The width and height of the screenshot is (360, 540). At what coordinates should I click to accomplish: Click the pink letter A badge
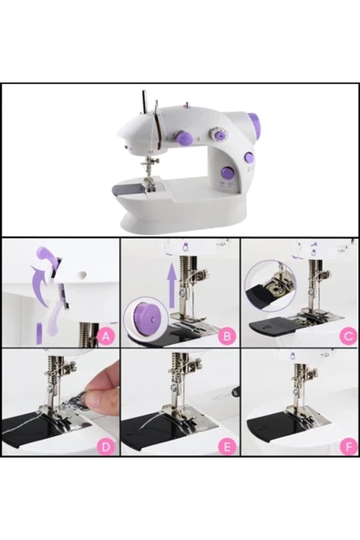click(107, 337)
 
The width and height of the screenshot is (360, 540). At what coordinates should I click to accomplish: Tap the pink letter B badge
click(228, 337)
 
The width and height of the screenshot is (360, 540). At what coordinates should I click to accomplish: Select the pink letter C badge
click(347, 337)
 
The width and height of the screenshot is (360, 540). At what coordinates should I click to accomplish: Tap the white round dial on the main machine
click(219, 134)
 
